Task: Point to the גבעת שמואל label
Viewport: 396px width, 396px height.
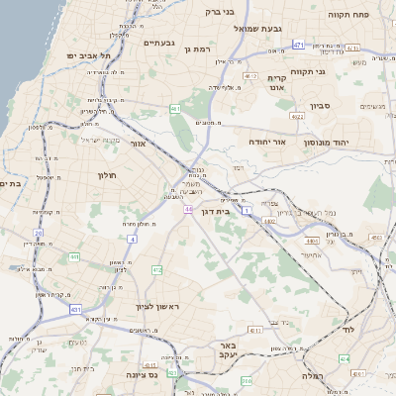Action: pyautogui.click(x=260, y=30)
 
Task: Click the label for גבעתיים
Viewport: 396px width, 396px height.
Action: pyautogui.click(x=159, y=44)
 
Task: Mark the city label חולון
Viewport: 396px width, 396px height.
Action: pyautogui.click(x=108, y=175)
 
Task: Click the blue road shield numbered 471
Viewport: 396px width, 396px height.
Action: pyautogui.click(x=298, y=46)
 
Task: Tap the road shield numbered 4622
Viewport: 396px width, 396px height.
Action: pyautogui.click(x=296, y=116)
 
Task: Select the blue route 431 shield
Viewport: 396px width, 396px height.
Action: pyautogui.click(x=76, y=309)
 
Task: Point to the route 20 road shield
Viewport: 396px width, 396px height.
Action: pyautogui.click(x=37, y=234)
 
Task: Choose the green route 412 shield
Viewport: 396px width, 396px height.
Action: pyautogui.click(x=156, y=269)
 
